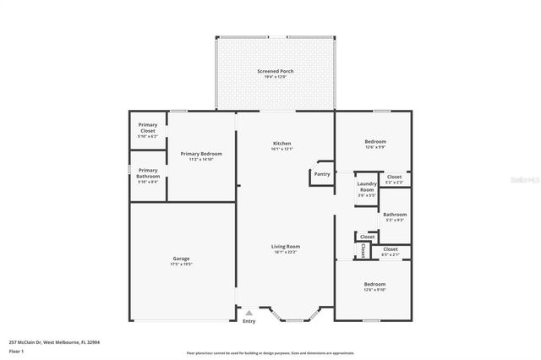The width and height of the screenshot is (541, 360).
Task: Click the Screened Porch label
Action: pos(276,71)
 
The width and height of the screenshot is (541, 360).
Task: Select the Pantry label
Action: pos(321,174)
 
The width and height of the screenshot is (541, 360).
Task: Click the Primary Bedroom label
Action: pos(201,153)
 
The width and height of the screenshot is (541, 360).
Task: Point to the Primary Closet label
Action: pos(148,128)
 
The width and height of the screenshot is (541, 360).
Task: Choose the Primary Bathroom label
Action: pos(148,172)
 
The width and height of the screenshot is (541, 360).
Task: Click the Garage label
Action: pos(182,259)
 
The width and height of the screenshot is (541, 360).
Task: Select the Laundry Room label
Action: pos(366,186)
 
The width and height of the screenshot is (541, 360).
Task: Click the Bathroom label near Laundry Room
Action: pos(395,215)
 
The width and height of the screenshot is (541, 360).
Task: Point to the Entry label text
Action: pos(249,321)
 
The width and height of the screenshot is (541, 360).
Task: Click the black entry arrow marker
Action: pos(249,312)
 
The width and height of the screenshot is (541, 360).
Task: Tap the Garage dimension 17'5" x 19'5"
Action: pos(182,265)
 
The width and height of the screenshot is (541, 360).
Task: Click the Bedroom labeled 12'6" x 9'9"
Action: pos(375,141)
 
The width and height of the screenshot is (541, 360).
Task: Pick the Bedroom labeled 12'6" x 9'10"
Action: pos(374,284)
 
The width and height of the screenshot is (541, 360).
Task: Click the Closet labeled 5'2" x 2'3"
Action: pos(394,177)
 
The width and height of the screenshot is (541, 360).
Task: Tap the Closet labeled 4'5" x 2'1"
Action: pos(391,249)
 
